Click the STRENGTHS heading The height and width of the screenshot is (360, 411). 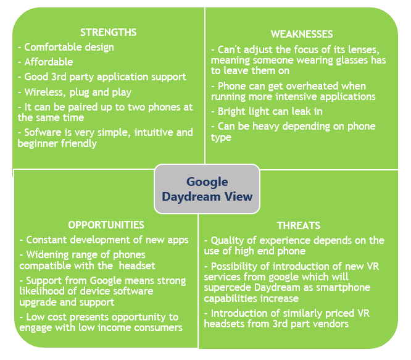[x=108, y=32]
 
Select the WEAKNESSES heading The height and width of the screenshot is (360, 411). [x=302, y=34]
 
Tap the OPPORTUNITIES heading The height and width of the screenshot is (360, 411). [x=106, y=225]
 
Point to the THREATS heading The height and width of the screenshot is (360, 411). [x=299, y=225]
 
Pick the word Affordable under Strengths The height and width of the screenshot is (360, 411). [x=49, y=62]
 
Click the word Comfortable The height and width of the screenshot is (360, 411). [x=53, y=47]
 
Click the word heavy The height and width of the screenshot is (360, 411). [x=266, y=127]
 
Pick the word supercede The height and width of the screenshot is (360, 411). [x=228, y=288]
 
